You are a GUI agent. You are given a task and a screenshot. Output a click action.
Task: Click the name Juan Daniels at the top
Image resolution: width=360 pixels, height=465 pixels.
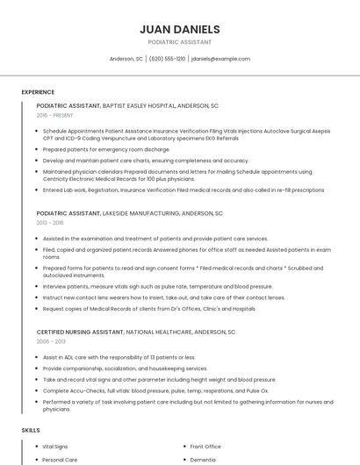179,29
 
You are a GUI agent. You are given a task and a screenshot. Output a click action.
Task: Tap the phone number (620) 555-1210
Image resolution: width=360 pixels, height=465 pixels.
167,59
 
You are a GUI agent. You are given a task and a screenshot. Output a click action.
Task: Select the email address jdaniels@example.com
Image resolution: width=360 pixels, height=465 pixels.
220,59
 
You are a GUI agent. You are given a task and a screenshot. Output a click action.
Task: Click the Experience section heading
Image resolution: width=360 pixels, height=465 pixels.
38,92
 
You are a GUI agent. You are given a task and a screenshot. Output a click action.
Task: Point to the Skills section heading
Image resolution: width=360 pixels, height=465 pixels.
31,431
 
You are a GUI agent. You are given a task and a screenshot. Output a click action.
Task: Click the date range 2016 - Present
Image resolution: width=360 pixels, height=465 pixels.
54,115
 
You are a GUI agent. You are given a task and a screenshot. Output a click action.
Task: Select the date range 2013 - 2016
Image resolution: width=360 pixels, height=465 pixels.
50,223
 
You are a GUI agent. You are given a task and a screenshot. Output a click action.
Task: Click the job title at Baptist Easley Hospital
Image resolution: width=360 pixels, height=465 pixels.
127,105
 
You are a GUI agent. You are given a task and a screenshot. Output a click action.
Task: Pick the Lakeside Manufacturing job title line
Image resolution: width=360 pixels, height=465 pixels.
130,213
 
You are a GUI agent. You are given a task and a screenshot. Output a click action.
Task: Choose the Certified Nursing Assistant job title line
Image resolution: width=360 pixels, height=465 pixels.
136,333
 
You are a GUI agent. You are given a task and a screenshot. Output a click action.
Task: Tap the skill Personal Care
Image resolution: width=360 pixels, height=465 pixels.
60,460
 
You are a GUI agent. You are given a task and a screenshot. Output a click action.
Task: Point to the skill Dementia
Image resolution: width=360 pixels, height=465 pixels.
203,460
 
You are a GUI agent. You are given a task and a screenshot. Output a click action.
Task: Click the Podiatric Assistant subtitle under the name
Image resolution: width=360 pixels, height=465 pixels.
179,42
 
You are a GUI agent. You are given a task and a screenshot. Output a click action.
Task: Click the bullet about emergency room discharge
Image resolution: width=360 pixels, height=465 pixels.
106,150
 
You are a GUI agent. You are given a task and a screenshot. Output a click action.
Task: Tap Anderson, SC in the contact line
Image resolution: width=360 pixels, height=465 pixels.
126,59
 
